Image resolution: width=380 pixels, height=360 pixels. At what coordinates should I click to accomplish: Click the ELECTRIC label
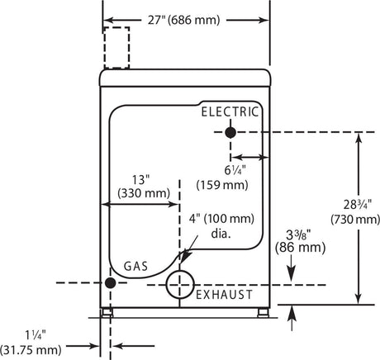coord(230,112)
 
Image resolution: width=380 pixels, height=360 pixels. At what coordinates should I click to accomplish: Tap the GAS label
coord(135,266)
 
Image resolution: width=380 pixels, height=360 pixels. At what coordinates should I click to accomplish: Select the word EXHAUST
coord(224,295)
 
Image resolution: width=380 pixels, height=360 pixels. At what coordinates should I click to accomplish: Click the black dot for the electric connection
coord(230,133)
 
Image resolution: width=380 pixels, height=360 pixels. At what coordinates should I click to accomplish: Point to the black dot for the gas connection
coord(111,283)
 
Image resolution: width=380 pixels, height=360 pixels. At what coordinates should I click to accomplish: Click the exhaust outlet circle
coord(180,271)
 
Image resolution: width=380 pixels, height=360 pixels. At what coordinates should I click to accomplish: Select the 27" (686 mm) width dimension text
coord(183,20)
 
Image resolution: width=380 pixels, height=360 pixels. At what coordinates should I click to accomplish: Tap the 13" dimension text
coord(140,180)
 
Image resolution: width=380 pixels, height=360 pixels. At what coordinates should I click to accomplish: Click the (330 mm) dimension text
coord(144,193)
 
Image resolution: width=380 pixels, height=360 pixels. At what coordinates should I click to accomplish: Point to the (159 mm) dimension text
coord(222,185)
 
